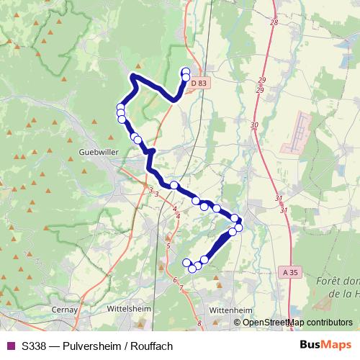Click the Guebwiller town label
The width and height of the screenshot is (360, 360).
click(95, 153)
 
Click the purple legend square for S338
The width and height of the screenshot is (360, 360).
click(9, 346)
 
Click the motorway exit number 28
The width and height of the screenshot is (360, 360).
click(274, 23)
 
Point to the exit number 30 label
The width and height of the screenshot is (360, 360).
click(254, 125)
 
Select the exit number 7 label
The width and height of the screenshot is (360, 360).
click(181, 288)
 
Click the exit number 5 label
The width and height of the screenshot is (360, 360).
click(168, 246)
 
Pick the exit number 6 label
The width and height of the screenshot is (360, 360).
click(175, 280)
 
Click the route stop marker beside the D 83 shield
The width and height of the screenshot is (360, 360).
click(186, 76)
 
